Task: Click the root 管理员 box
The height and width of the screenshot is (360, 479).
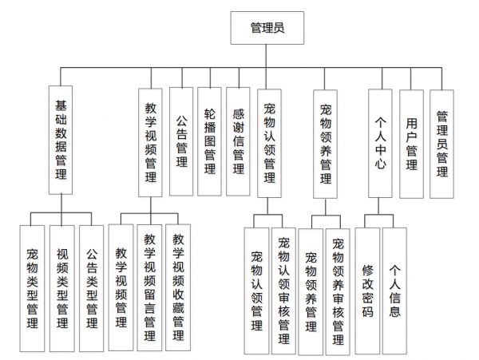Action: tap(267, 28)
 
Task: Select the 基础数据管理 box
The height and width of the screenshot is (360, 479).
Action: tap(61, 140)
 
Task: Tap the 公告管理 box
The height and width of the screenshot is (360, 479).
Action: tap(181, 141)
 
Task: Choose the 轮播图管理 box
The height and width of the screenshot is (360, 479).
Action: tap(209, 141)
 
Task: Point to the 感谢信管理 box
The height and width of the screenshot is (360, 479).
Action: tap(238, 141)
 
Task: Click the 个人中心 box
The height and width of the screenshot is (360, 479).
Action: tap(380, 143)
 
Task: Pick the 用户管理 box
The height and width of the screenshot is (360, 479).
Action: tap(411, 144)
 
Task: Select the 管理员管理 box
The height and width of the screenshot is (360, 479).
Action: tap(441, 144)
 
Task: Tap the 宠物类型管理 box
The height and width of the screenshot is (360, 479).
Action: tap(32, 288)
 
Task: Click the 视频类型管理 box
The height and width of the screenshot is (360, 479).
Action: tap(62, 288)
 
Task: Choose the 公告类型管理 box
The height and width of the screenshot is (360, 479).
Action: tap(92, 288)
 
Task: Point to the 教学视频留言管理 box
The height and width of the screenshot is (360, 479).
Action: tap(150, 287)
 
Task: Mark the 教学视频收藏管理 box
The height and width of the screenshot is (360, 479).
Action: tap(178, 287)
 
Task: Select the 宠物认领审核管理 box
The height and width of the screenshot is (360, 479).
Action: tap(283, 291)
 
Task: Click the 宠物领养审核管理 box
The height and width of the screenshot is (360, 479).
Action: tap(338, 292)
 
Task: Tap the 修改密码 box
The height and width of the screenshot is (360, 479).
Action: tap(367, 291)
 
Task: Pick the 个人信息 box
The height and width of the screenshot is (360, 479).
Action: tap(394, 291)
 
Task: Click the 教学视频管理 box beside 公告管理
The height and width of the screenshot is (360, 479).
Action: tap(150, 143)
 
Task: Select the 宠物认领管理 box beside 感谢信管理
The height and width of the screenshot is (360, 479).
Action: tap(270, 143)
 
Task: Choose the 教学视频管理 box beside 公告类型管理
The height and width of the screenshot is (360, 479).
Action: tap(121, 287)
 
